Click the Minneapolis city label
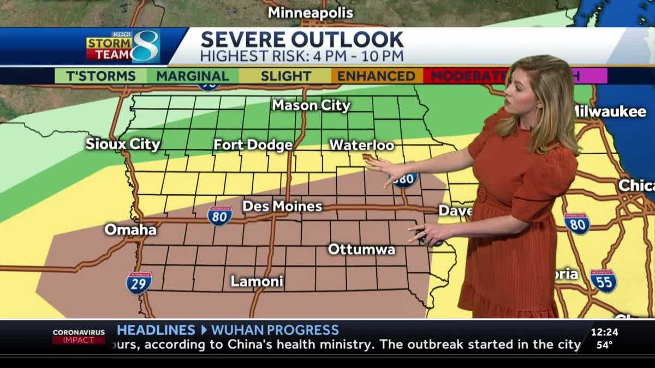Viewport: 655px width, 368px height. [311, 13]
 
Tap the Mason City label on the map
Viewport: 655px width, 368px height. [311, 105]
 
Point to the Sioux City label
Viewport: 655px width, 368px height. [123, 144]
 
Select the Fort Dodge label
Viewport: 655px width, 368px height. [253, 145]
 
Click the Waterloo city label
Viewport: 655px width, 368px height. [362, 145]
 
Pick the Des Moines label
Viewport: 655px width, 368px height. [282, 207]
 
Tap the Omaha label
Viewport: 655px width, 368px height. [130, 230]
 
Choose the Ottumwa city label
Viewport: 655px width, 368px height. [361, 249]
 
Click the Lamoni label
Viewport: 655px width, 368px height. [257, 281]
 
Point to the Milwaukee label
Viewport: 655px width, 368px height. [610, 111]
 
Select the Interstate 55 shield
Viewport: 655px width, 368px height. [603, 281]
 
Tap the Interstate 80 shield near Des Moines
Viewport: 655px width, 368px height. [220, 215]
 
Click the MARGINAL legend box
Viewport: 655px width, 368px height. [193, 76]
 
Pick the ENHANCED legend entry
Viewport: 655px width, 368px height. [376, 76]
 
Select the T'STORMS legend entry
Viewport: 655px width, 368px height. [101, 76]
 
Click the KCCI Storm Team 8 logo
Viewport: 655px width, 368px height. [123, 47]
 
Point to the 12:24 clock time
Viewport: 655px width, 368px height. [604, 331]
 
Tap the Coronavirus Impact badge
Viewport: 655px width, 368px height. [79, 336]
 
